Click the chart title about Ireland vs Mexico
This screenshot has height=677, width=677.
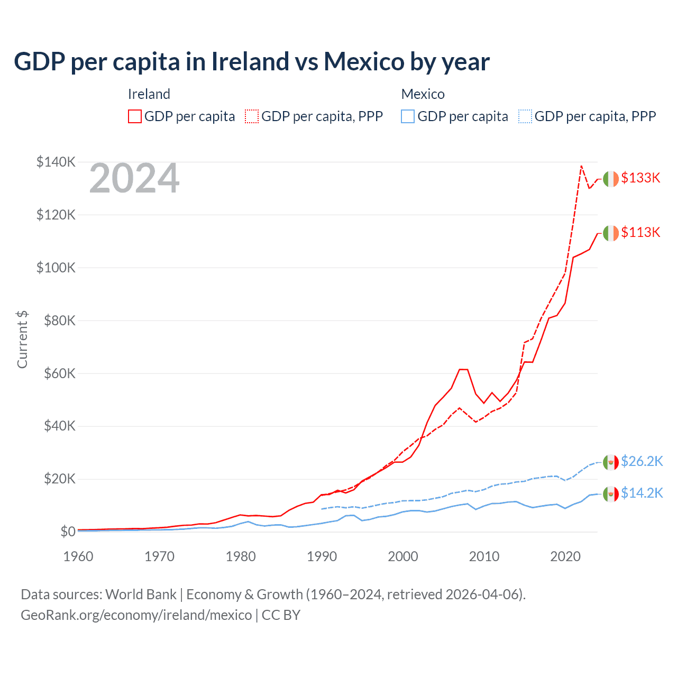[x=252, y=61]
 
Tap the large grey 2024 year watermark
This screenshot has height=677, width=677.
[x=134, y=179]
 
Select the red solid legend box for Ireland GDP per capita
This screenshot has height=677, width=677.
[x=135, y=116]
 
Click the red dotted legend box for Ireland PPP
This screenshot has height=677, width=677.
[x=252, y=116]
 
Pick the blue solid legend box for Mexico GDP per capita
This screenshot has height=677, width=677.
[x=408, y=116]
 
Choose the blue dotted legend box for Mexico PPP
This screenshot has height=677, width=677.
[x=525, y=116]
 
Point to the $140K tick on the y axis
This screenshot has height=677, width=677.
[x=56, y=162]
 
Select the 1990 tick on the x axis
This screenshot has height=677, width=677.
[x=322, y=556]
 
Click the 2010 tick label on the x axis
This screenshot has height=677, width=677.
[x=484, y=556]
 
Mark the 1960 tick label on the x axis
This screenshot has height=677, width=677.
[x=78, y=556]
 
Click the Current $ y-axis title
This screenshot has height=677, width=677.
[x=22, y=340]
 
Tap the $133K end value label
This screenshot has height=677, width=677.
[x=641, y=178]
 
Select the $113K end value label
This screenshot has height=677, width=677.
[x=641, y=232]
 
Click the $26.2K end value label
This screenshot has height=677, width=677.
[x=642, y=461]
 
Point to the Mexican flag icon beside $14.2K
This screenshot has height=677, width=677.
[x=611, y=494]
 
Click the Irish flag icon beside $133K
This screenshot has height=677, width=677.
[x=611, y=179]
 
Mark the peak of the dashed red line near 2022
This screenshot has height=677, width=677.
[x=581, y=166]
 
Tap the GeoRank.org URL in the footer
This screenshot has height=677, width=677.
[x=136, y=615]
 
